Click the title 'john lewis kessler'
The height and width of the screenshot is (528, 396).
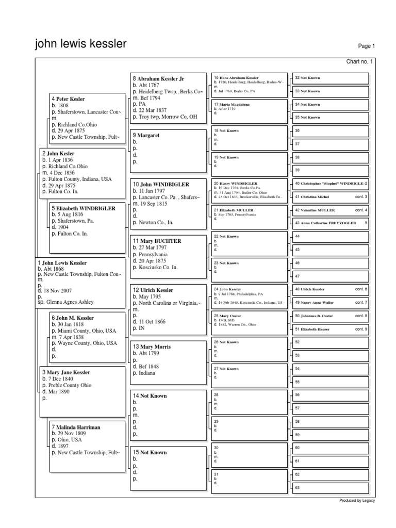[x=80, y=44]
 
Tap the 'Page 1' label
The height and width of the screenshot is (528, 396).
[x=366, y=46]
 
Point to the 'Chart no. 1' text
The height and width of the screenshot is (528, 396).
[x=359, y=62]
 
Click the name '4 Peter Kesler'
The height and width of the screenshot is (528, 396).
[x=68, y=98]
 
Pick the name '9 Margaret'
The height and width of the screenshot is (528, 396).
[x=146, y=135]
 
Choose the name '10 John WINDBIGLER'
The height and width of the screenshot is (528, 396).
[x=161, y=184]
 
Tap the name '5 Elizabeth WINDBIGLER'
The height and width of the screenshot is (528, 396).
[x=83, y=208]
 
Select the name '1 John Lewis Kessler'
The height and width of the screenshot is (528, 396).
[x=61, y=263]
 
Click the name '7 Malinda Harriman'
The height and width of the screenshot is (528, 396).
[x=75, y=427]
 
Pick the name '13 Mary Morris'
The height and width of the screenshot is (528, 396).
[x=152, y=347]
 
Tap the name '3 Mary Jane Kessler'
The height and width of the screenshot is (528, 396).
[x=66, y=372]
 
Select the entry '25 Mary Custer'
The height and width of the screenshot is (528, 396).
[x=227, y=316]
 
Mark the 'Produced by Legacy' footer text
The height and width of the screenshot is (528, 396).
[x=357, y=501]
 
